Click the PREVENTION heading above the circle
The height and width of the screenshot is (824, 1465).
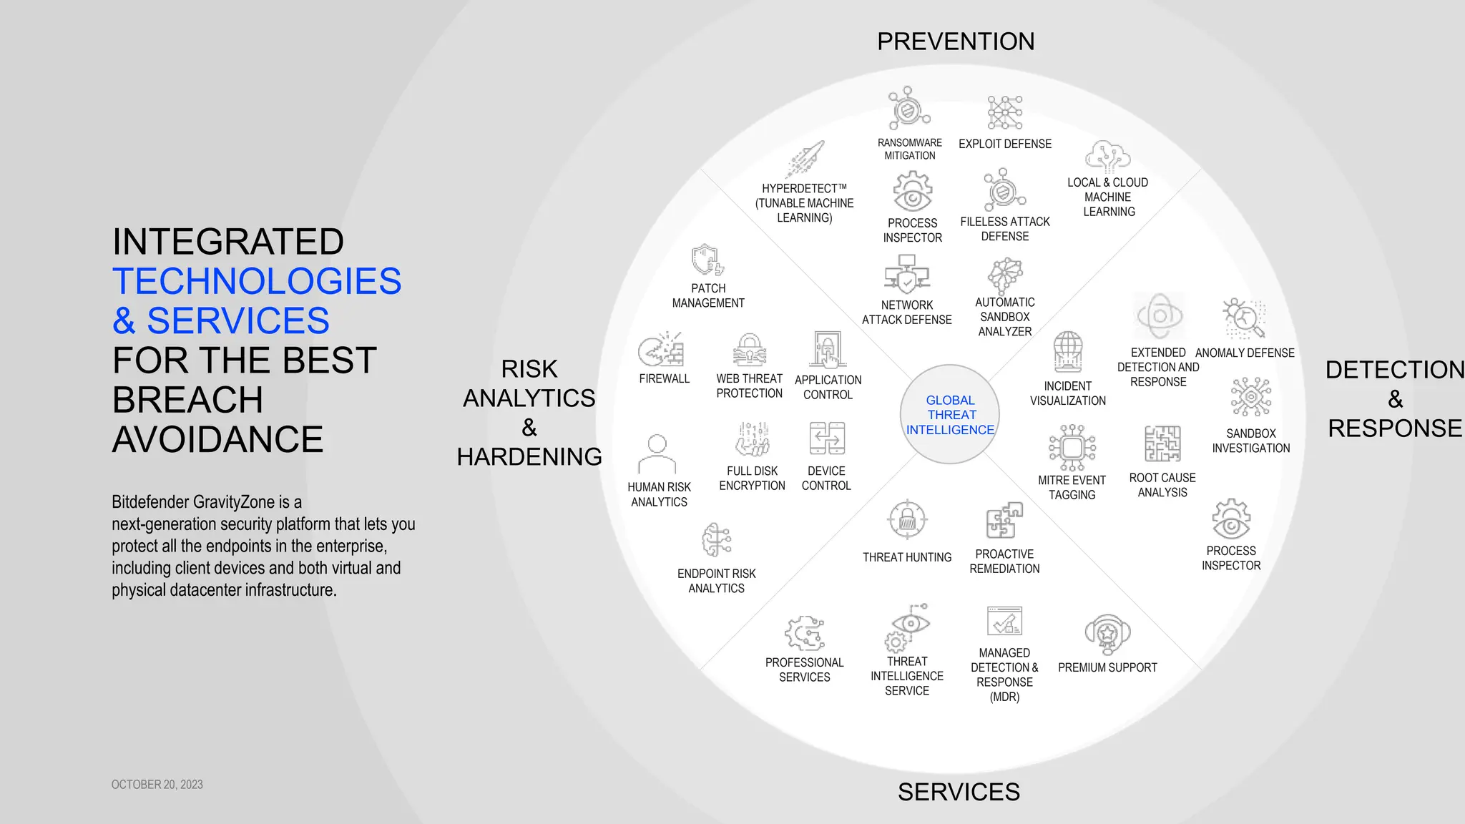coord(956,41)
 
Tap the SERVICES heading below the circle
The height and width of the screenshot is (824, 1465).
coord(959,792)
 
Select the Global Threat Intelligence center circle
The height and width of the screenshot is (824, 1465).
coord(950,415)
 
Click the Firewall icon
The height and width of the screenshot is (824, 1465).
coord(661,349)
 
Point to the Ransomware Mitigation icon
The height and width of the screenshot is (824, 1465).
coord(908,109)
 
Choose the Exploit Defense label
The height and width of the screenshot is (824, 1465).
coord(1005,144)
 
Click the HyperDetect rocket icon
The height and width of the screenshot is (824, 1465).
coord(807,159)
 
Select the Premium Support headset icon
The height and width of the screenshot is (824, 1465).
coord(1107,634)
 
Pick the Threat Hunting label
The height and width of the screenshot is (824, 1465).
coord(907,557)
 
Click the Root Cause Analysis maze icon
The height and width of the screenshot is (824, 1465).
coord(1162,444)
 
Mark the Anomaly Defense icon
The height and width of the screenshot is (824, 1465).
coord(1245,318)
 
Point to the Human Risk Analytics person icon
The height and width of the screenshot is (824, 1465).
coord(657,453)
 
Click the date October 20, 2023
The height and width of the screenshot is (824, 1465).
coord(157,785)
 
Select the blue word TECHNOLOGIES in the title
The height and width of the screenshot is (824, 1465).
coord(257,281)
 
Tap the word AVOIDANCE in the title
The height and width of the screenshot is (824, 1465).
coord(218,439)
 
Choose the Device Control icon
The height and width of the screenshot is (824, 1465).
coord(827,438)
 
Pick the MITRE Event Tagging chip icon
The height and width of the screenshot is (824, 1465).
coord(1072,448)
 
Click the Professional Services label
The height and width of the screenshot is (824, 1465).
coord(805,669)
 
